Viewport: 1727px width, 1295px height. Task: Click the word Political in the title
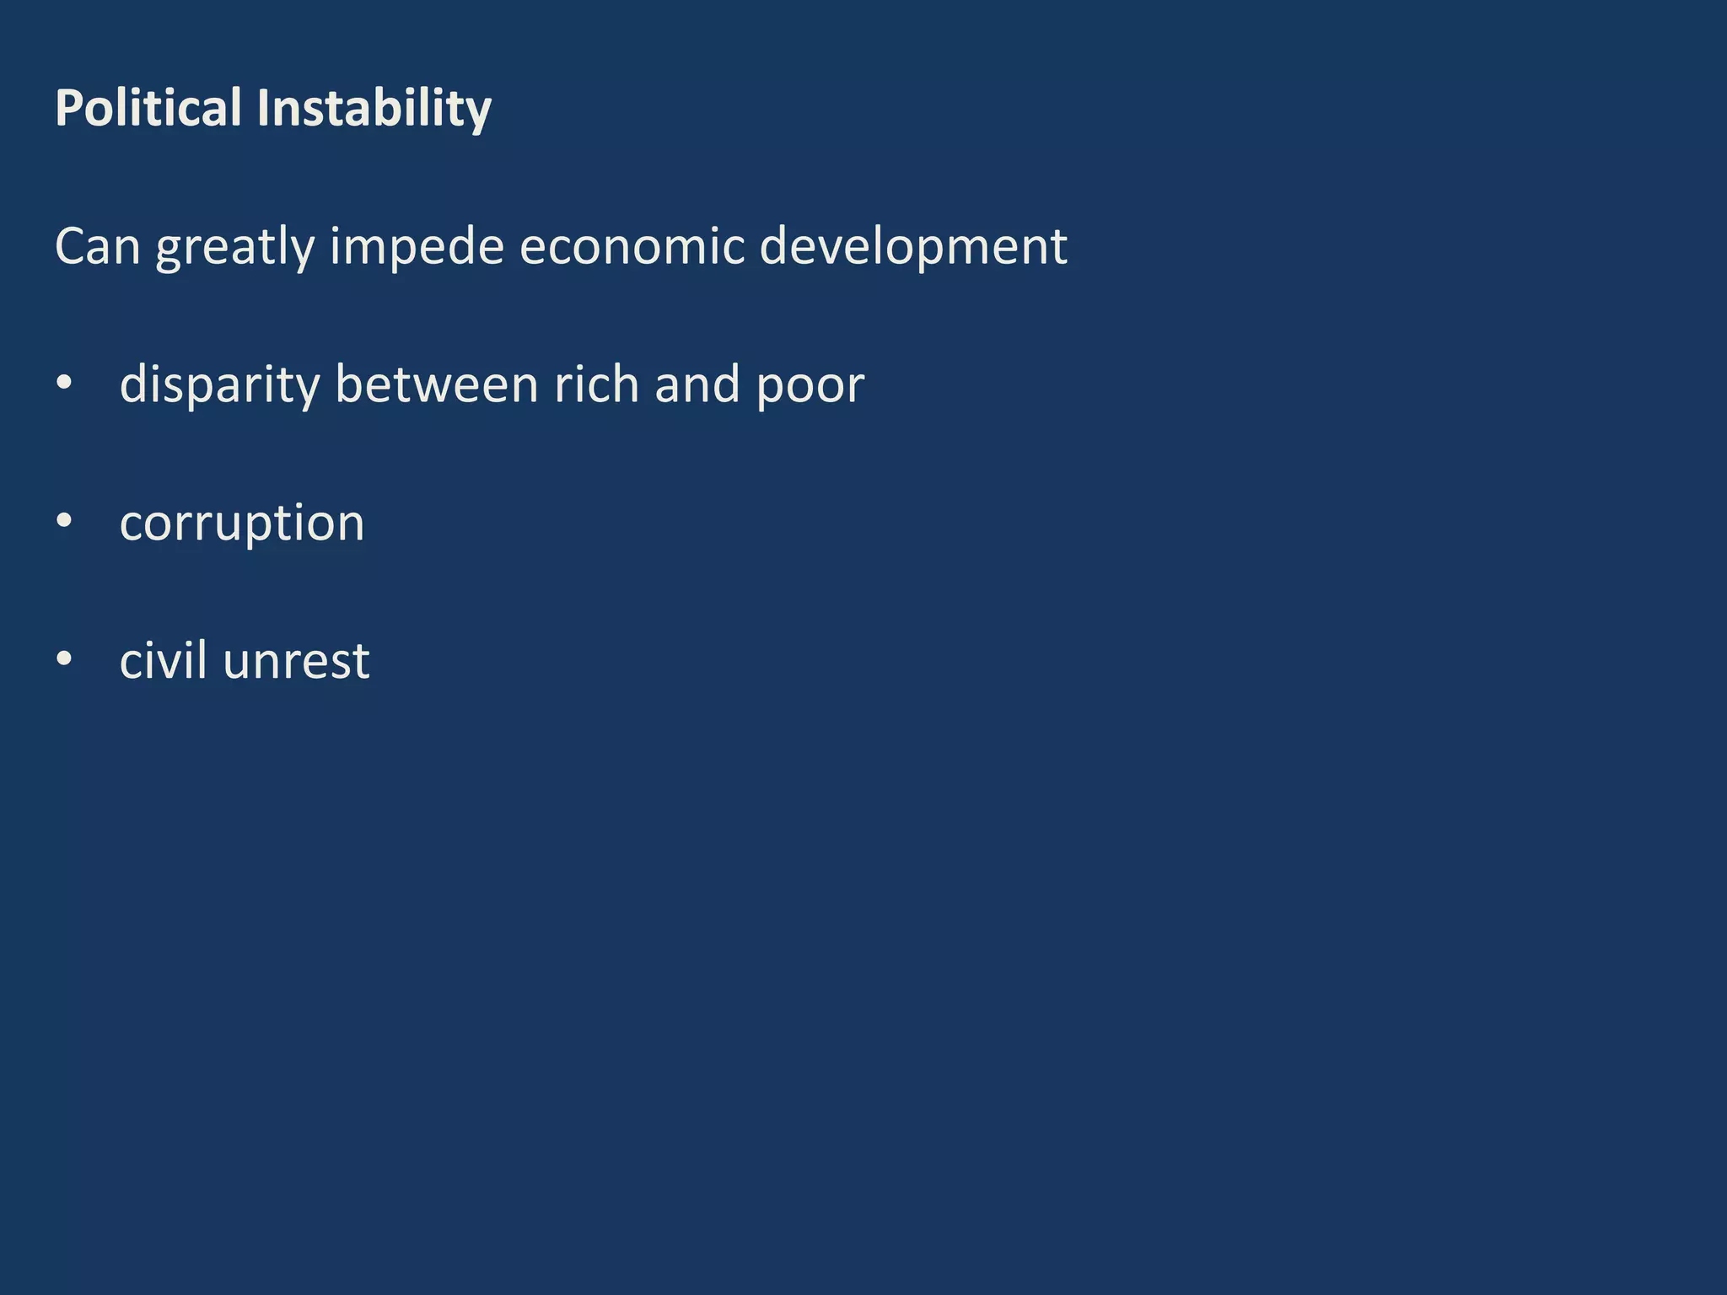click(x=148, y=108)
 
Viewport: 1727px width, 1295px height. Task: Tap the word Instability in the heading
click(x=374, y=110)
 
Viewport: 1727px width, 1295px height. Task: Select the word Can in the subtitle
click(x=97, y=246)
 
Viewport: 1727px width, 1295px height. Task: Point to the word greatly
click(x=234, y=248)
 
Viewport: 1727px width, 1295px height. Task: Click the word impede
click(x=417, y=248)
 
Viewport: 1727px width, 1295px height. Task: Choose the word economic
click(x=632, y=246)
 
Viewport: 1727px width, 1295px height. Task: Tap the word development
click(x=913, y=248)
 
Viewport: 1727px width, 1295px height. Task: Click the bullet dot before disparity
click(x=64, y=384)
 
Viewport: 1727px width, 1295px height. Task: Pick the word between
click(x=436, y=384)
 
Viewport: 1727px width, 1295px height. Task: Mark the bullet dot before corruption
click(x=64, y=521)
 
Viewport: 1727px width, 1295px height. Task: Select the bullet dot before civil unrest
click(x=64, y=659)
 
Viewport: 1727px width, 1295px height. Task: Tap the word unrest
click(x=296, y=661)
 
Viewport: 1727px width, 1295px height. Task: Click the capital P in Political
click(x=68, y=108)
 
